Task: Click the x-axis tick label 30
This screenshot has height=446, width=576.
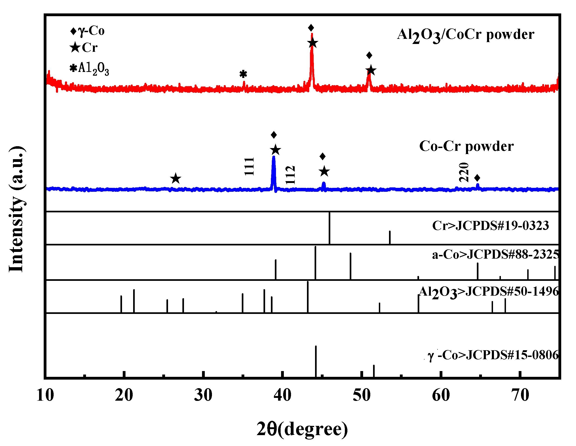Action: [x=203, y=395]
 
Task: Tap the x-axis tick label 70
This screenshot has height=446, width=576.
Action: [x=520, y=395]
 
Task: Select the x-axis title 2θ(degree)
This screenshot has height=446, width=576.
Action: [x=302, y=429]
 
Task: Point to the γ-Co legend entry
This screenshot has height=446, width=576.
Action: [x=87, y=31]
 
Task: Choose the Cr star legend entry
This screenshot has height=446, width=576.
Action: [x=84, y=48]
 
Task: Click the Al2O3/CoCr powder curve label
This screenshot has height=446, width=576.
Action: [x=466, y=35]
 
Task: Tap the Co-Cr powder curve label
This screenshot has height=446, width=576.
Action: [x=466, y=146]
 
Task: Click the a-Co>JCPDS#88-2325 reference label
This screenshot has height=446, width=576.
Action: [x=495, y=254]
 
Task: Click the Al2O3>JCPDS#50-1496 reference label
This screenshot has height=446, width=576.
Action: [x=488, y=292]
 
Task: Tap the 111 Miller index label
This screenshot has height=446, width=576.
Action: [x=249, y=166]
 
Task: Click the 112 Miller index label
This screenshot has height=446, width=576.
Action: [x=290, y=175]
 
